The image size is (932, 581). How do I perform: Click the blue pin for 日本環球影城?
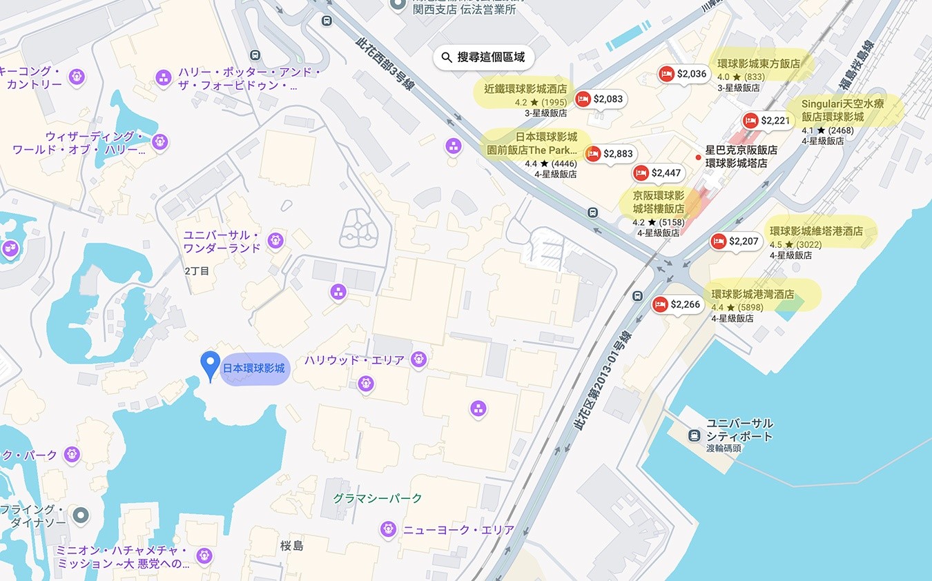[x=210, y=364]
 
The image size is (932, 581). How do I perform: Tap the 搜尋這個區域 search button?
[x=484, y=57]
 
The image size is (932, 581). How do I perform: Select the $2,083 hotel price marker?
[x=600, y=99]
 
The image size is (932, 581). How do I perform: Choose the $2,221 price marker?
[x=767, y=121]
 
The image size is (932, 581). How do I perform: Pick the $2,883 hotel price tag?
[x=610, y=154]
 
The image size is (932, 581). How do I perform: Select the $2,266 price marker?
[x=677, y=304]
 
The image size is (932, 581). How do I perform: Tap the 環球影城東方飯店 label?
[x=759, y=63]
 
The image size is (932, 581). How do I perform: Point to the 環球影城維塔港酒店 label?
[x=816, y=231]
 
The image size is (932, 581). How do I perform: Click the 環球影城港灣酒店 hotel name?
[x=753, y=295]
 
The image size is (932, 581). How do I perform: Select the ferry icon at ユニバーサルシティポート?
[x=694, y=435]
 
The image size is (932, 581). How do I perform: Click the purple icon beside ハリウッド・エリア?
[x=418, y=359]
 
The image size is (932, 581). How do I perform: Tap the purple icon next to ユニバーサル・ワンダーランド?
[x=275, y=240]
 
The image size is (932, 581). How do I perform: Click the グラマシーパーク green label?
[x=378, y=498]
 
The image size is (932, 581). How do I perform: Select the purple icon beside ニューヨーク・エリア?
[x=388, y=529]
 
